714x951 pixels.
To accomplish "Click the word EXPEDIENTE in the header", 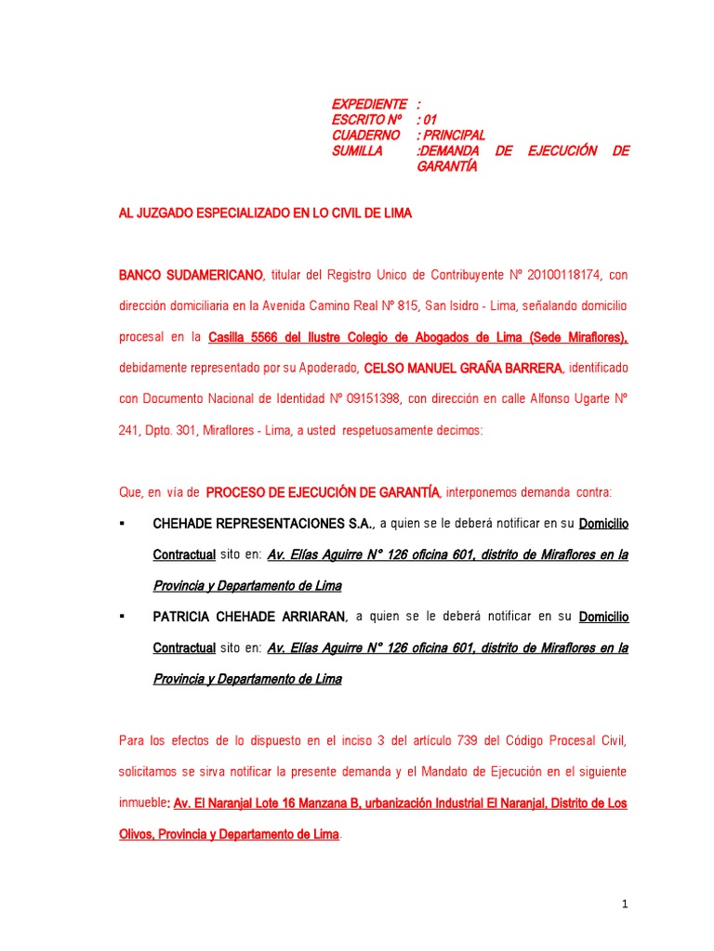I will [x=369, y=103].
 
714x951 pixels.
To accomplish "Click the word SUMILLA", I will [x=357, y=150].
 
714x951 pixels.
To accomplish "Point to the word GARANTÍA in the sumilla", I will [x=447, y=166].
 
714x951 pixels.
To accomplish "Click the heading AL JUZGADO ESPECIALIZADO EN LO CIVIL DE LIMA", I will [x=265, y=214].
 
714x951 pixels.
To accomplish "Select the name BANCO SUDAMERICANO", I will [x=192, y=275].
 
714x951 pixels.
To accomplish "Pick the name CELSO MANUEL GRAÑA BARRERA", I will [x=463, y=368].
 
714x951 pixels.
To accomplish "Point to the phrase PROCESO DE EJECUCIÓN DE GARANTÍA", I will [x=322, y=491].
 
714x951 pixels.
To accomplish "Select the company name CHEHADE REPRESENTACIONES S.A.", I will [x=264, y=524].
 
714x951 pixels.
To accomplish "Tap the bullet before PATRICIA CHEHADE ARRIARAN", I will [x=122, y=616].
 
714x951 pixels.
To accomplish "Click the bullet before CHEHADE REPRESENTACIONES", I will [x=122, y=523].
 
